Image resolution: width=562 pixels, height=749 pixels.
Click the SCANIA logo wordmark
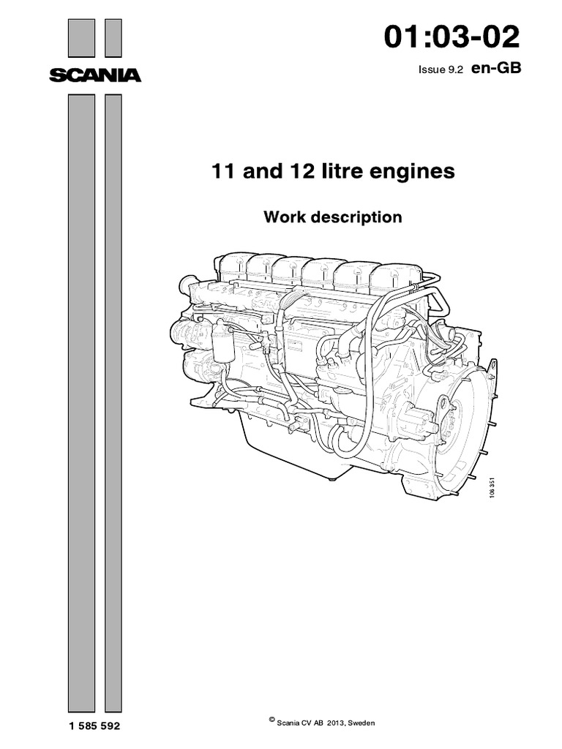[x=95, y=75]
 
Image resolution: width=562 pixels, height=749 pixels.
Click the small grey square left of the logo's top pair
[x=80, y=37]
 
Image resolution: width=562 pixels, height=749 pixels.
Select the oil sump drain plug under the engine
[x=332, y=479]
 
